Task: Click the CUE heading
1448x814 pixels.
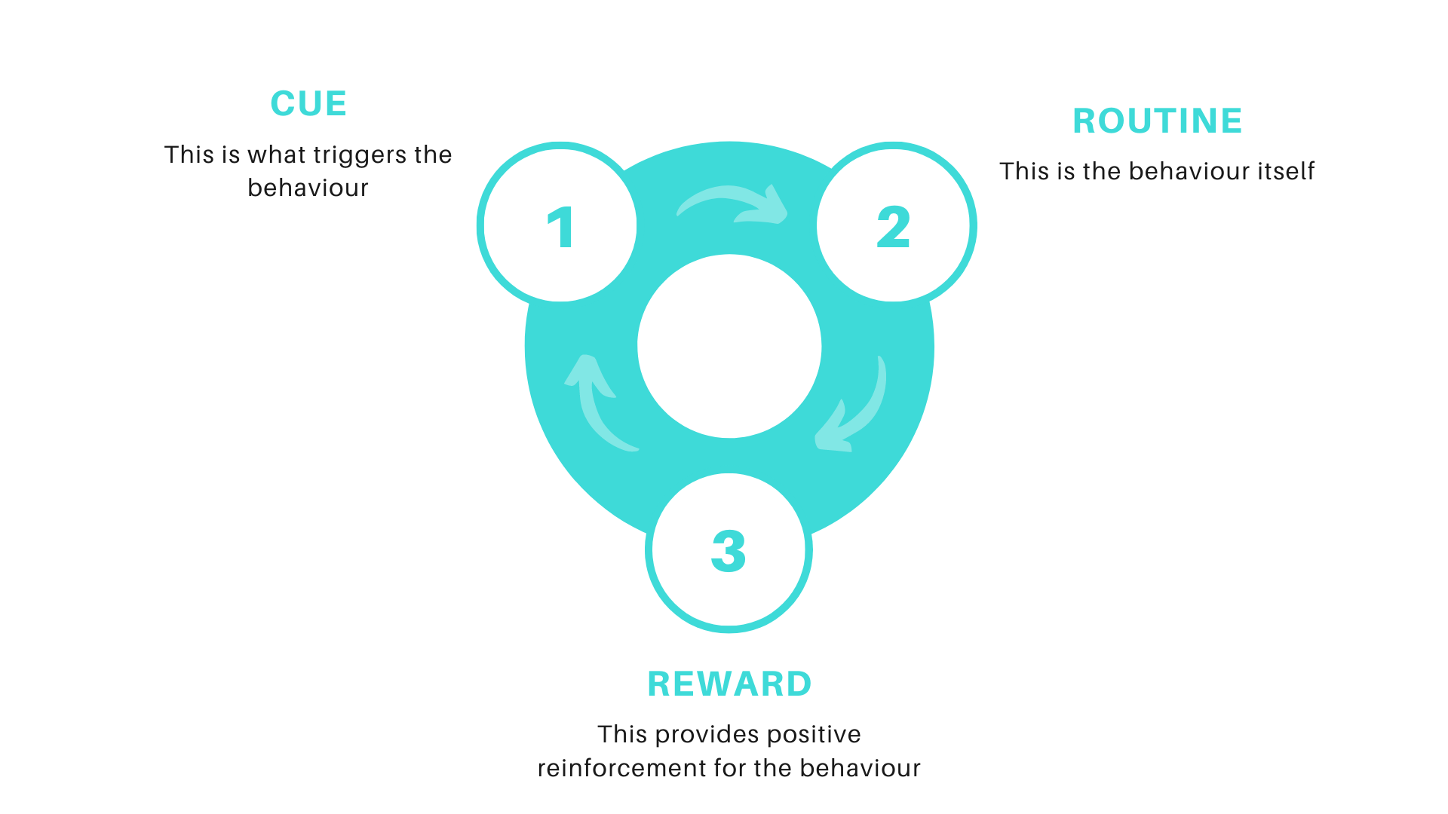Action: click(x=308, y=104)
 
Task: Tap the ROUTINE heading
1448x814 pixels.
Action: click(x=1158, y=121)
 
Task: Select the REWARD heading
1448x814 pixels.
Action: click(x=729, y=684)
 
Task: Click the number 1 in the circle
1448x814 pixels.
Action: click(x=561, y=227)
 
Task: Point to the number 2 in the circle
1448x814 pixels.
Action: click(x=894, y=227)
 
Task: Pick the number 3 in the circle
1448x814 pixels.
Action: click(x=729, y=551)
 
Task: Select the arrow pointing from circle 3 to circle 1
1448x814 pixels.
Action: click(x=596, y=399)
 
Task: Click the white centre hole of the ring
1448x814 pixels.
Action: click(x=729, y=346)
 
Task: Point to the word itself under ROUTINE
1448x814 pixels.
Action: click(x=1285, y=172)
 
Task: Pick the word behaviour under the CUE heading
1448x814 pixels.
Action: click(x=308, y=188)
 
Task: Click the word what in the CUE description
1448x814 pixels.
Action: click(x=276, y=155)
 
